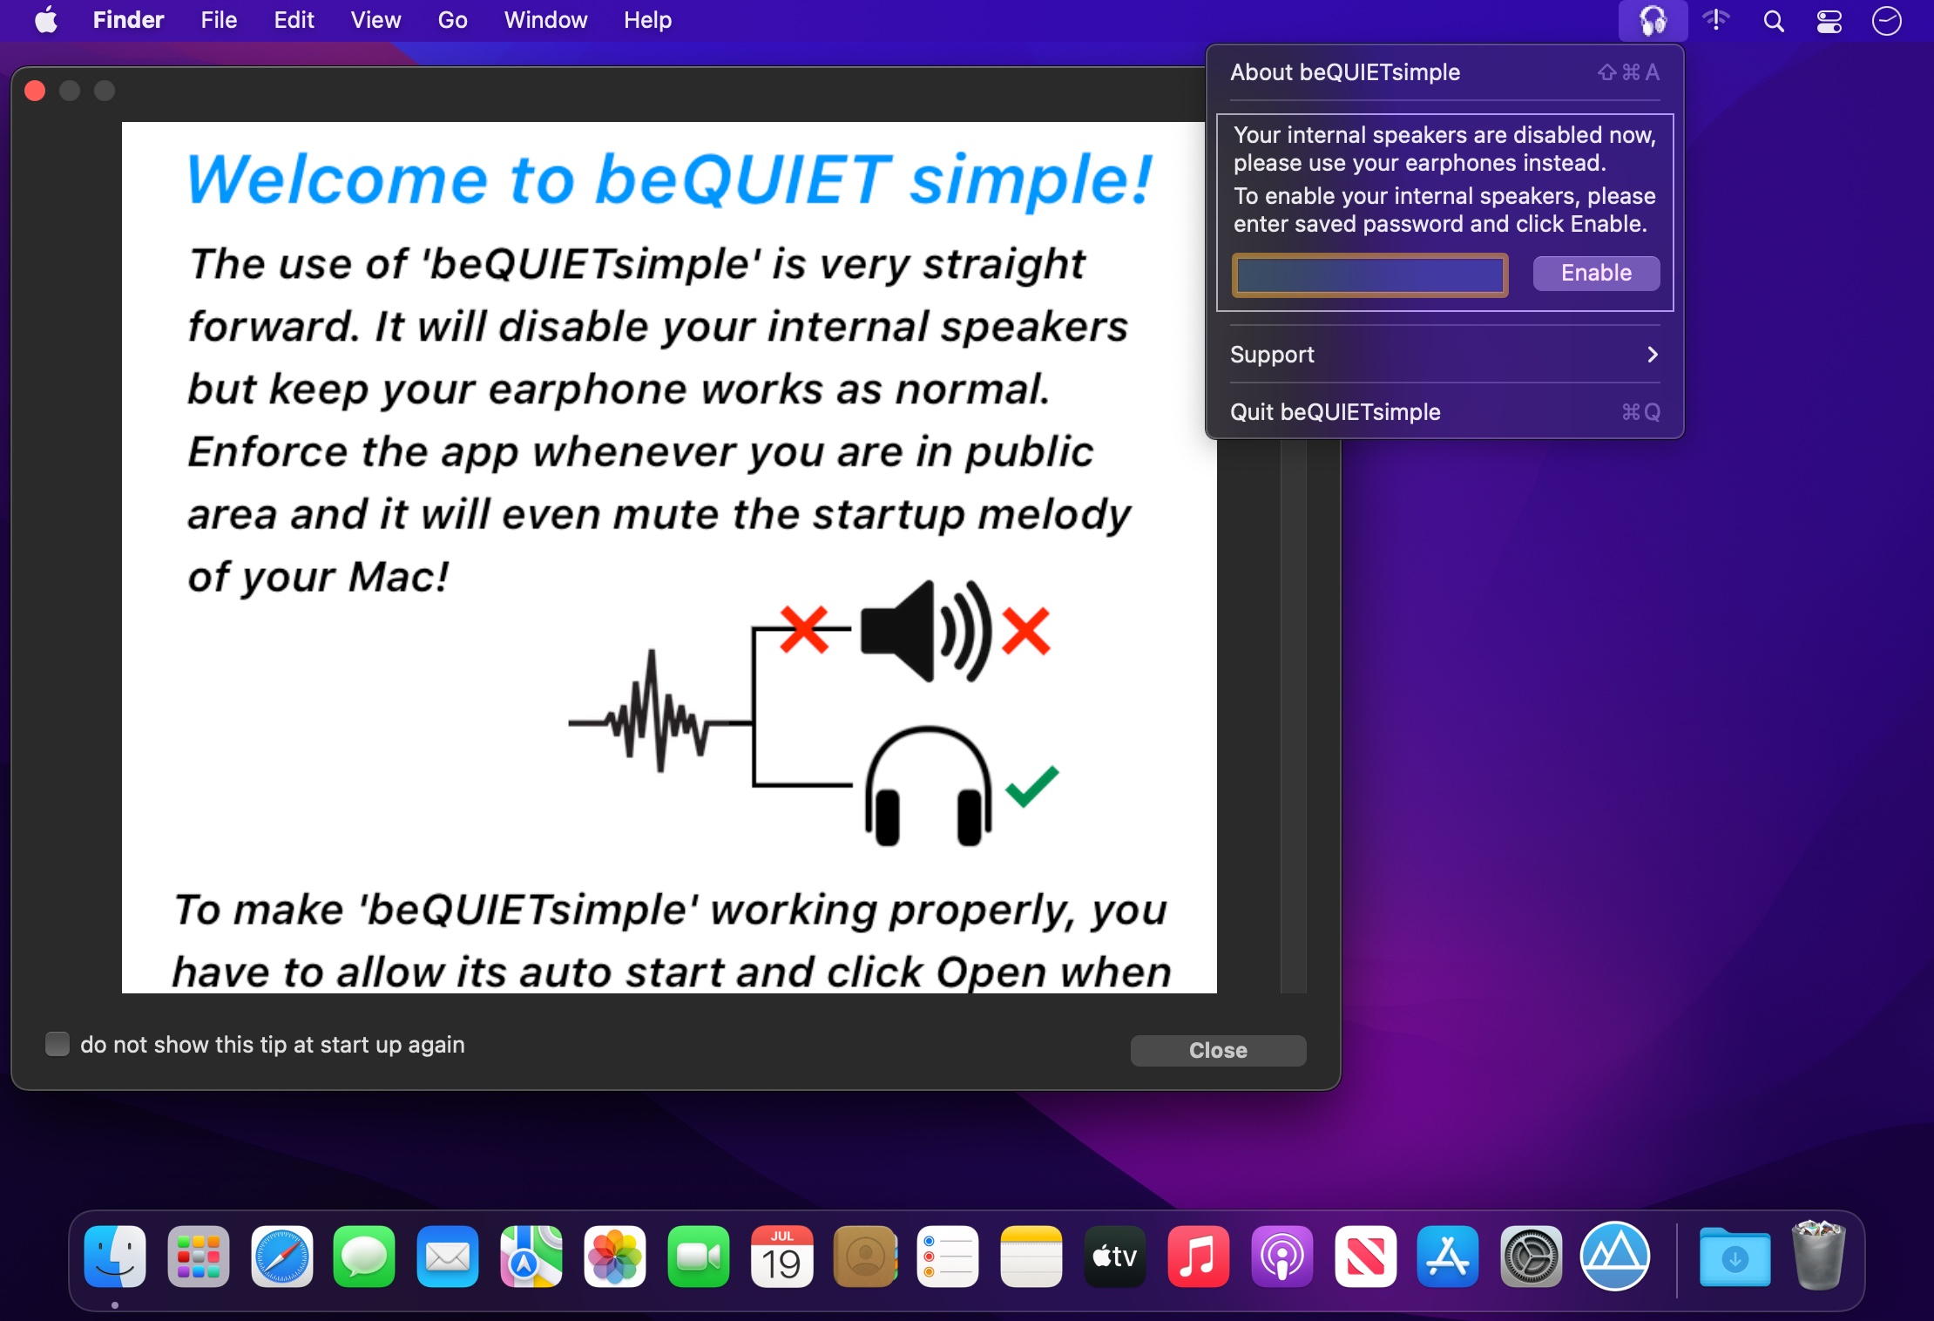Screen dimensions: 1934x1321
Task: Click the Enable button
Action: [1596, 274]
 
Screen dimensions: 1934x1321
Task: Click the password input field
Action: [1370, 275]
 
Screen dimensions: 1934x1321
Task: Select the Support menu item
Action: [1444, 355]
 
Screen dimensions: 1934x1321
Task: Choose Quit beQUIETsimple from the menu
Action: [1444, 412]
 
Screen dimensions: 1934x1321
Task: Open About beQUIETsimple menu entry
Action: [1444, 72]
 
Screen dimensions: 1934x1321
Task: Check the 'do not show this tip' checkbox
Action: [57, 1044]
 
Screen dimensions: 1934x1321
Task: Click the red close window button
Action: [35, 91]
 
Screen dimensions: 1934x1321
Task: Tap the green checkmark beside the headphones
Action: [1032, 786]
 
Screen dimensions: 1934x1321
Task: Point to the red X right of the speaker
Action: [1026, 631]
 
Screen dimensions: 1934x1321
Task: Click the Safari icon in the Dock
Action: [281, 1257]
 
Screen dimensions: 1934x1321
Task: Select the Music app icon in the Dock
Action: [1198, 1257]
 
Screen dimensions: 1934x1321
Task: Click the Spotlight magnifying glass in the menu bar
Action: [1774, 21]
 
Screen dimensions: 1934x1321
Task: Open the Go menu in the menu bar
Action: [452, 20]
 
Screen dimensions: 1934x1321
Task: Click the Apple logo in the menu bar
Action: [46, 19]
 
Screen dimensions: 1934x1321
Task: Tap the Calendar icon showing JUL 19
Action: [782, 1257]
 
